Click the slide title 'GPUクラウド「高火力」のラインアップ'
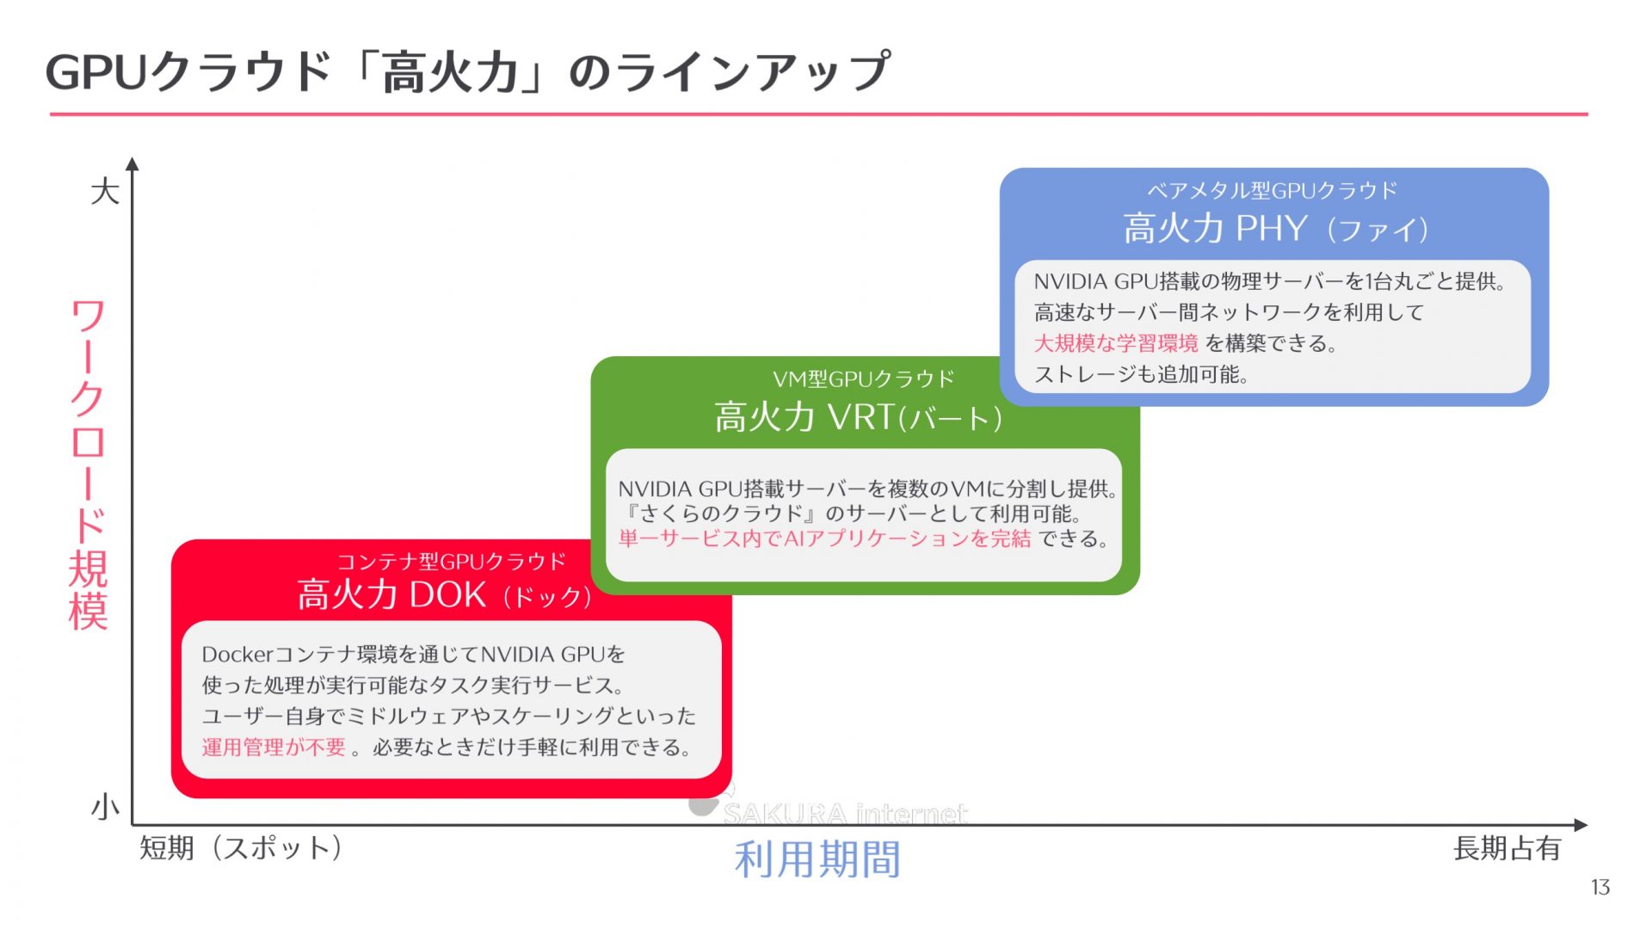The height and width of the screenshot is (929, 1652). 467,71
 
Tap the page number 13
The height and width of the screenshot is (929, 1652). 1600,887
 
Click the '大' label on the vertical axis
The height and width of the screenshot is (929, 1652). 105,191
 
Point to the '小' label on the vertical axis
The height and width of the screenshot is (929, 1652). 105,808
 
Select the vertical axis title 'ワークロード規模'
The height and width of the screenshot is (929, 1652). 88,464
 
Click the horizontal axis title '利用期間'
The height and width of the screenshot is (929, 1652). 817,859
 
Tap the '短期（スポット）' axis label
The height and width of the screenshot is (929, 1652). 241,848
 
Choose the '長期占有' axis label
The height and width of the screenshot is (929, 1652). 1507,848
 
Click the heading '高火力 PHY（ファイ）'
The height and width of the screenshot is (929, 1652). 1274,229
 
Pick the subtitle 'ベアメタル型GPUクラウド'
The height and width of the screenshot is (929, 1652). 1272,190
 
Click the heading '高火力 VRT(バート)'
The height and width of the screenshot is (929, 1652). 858,417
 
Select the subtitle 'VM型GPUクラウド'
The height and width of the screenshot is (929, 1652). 863,378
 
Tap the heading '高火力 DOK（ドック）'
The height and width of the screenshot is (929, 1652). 444,595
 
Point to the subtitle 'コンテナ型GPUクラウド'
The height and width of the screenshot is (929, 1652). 451,562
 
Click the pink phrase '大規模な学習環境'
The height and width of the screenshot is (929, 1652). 1115,343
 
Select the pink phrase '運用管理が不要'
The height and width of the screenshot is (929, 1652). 274,747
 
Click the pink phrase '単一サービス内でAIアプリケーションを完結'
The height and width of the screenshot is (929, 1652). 824,538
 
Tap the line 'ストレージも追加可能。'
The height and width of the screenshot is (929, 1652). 1141,374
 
